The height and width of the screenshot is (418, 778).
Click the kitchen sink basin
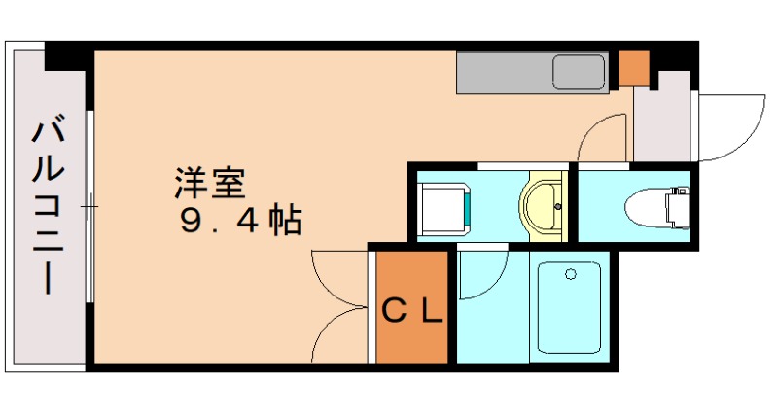pos(580,73)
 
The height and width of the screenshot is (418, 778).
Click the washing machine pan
pos(444,206)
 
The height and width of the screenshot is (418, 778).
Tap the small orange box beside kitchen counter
pos(633,64)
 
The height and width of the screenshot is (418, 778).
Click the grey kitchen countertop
pos(506,72)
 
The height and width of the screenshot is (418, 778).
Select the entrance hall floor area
pos(663,122)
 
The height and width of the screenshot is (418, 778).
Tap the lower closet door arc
pos(336,335)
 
